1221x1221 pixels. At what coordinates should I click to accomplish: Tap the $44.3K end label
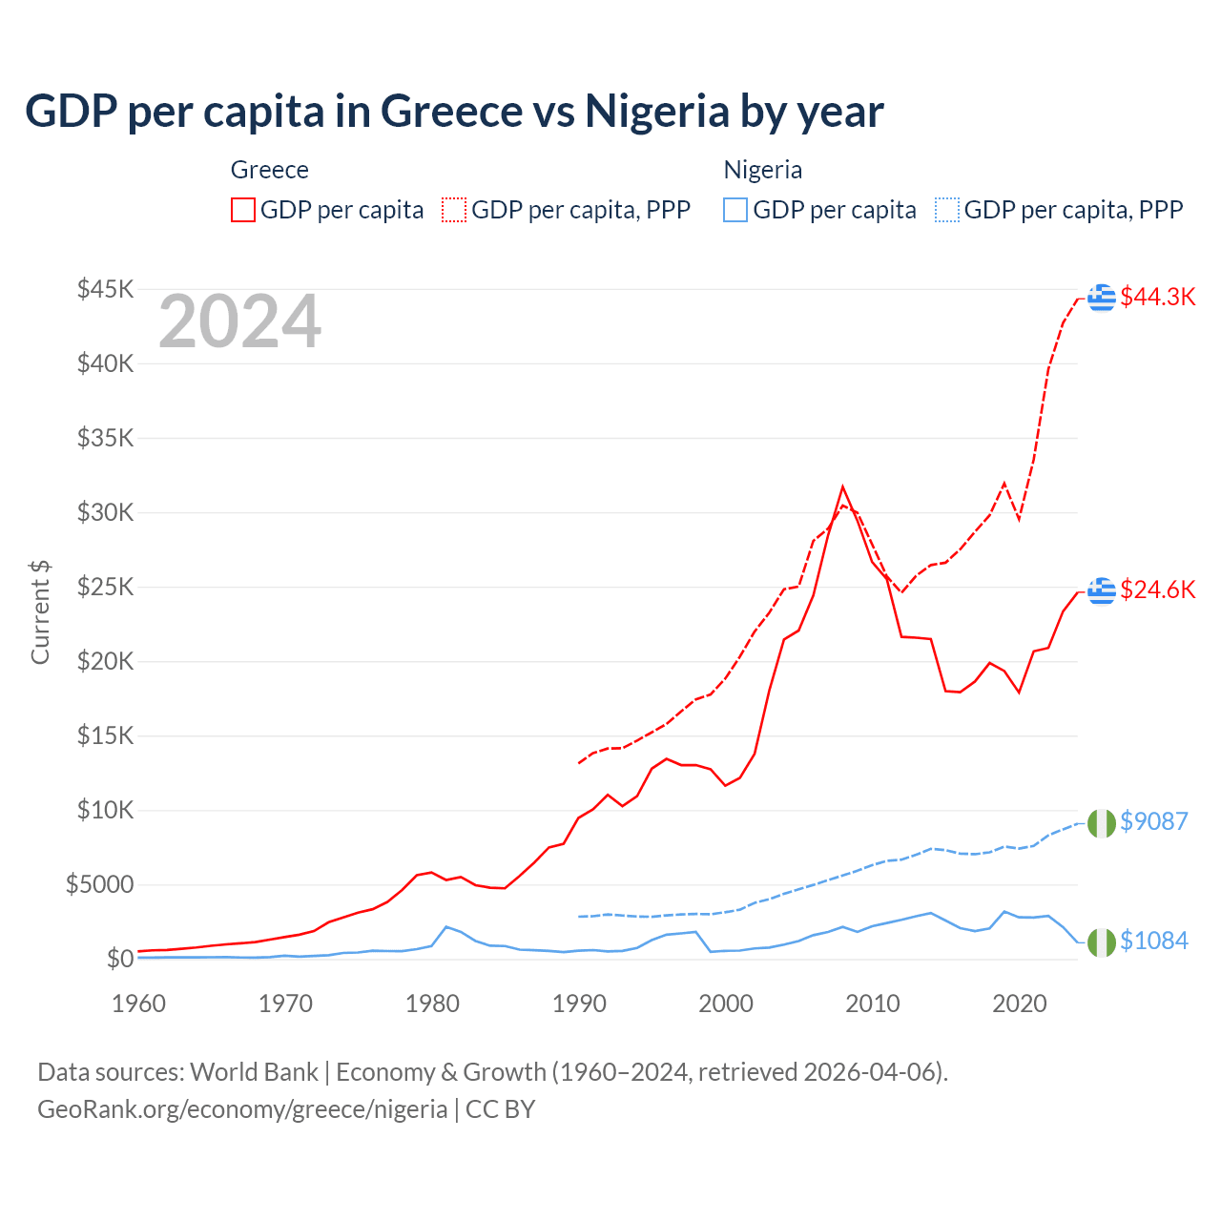[x=1157, y=297]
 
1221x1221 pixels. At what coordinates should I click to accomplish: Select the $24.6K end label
[x=1157, y=590]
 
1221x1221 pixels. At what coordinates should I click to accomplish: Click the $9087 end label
[x=1153, y=821]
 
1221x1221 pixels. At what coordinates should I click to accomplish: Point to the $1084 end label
[x=1153, y=941]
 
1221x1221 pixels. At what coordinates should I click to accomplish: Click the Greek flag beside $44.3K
[x=1102, y=298]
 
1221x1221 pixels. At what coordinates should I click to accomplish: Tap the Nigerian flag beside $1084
[x=1102, y=942]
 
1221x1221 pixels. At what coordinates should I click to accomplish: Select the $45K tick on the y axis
[x=105, y=289]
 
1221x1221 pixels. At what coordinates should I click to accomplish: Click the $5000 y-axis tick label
[x=99, y=884]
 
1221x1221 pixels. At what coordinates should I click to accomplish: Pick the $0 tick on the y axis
[x=119, y=959]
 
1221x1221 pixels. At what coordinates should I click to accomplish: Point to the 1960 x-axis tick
[x=139, y=1004]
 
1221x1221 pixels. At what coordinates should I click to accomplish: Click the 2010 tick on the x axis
[x=873, y=1004]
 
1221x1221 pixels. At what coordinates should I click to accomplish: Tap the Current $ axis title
[x=40, y=612]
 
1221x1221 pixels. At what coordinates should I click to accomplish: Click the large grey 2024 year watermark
[x=239, y=322]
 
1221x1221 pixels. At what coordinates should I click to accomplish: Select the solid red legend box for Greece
[x=243, y=210]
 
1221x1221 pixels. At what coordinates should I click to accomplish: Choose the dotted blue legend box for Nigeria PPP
[x=947, y=210]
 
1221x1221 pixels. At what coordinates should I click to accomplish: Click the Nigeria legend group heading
[x=762, y=170]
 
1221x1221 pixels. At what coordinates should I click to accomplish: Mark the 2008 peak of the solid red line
[x=842, y=487]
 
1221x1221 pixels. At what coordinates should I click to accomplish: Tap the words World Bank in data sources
[x=254, y=1072]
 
